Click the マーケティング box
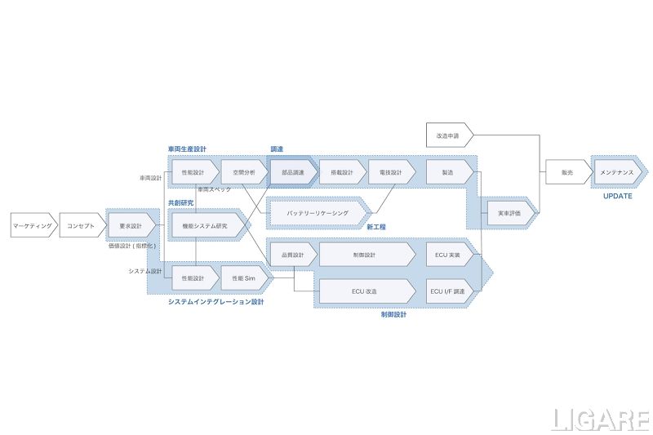click(33, 225)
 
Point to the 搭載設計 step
click(342, 172)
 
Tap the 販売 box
click(567, 172)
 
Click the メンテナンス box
click(617, 172)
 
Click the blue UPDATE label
click(617, 196)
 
